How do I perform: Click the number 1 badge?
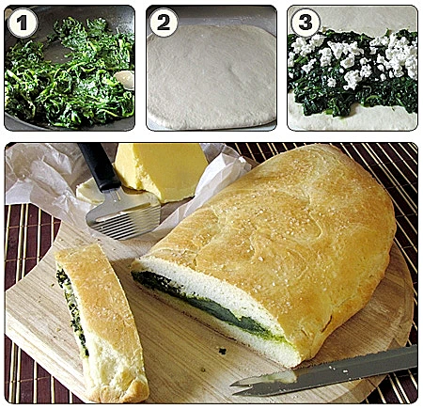coord(22,23)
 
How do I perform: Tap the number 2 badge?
coord(164,23)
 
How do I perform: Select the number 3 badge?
coord(305,23)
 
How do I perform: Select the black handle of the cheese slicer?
coord(100,166)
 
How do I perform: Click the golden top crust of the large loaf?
coord(282,226)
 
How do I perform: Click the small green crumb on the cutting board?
coord(223,351)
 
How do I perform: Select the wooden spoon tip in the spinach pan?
coord(124,80)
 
